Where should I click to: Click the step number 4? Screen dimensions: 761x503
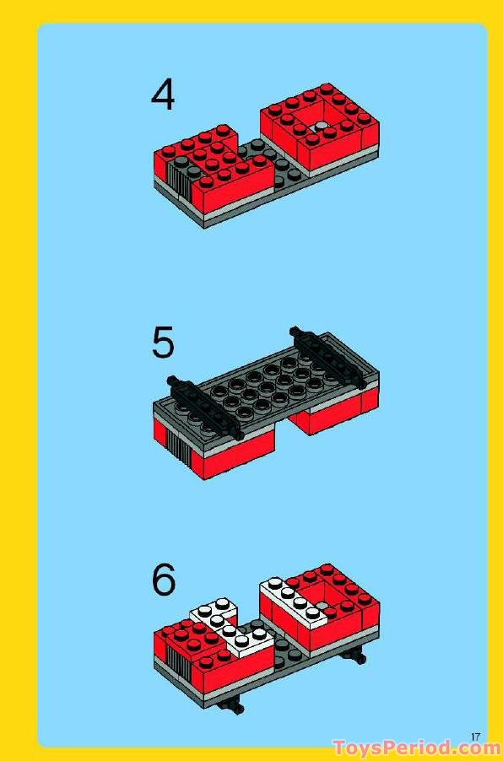(163, 94)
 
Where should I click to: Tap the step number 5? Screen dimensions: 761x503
(163, 343)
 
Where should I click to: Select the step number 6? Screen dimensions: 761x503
(164, 580)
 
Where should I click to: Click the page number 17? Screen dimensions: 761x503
(475, 737)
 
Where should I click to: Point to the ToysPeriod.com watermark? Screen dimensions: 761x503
(417, 748)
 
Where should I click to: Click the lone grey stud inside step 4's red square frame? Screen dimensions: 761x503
(321, 127)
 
